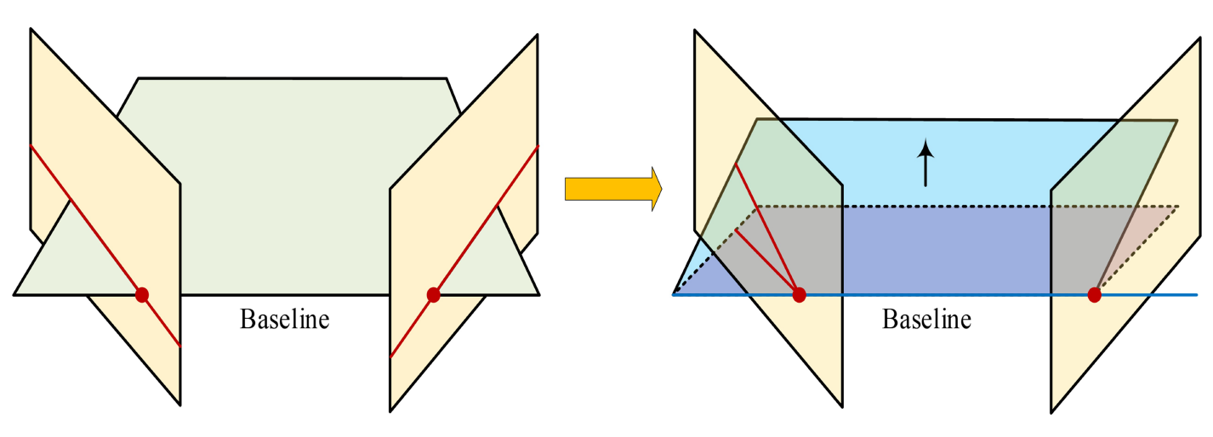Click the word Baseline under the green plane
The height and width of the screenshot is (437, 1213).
tap(284, 321)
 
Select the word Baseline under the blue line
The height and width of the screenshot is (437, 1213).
tap(926, 321)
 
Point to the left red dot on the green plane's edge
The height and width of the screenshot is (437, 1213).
tap(142, 295)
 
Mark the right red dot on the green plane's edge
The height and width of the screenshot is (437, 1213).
tap(433, 295)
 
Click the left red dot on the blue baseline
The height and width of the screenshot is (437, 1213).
tap(799, 295)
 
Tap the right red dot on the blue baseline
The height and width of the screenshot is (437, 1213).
tap(1094, 295)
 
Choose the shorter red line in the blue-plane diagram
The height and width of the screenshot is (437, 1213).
tap(766, 260)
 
